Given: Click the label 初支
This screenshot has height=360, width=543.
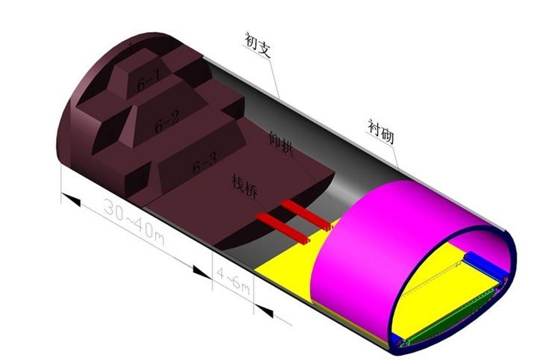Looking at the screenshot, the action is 257,45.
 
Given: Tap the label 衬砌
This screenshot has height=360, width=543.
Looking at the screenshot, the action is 381,131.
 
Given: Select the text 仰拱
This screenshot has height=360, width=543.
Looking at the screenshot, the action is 282,144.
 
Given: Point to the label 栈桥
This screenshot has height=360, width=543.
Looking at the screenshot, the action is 244,187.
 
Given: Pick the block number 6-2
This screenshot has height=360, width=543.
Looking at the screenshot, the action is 167,122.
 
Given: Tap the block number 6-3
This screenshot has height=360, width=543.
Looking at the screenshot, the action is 205,163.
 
